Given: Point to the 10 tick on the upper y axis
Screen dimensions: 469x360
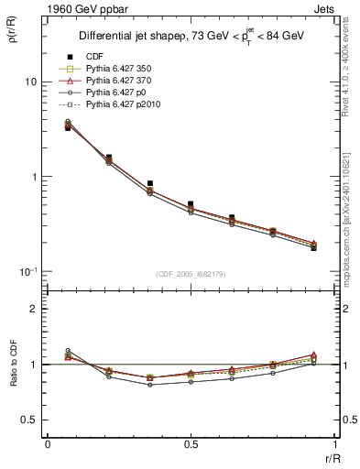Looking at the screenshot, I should click(30, 82).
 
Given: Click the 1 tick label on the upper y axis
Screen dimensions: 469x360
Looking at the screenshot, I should click(34, 177).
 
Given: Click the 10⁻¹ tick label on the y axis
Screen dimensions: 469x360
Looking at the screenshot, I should click(28, 271).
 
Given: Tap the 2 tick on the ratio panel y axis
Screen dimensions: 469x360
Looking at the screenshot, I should click(34, 310).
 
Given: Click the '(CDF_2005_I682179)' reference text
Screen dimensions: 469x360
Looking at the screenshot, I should click(191, 274).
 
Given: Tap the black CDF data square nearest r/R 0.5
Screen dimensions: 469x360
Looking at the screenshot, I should click(191, 204).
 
